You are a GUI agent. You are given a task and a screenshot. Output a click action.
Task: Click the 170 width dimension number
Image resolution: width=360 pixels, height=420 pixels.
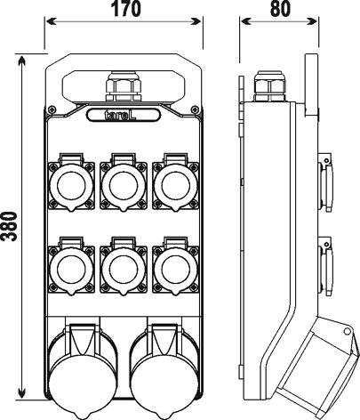tap(125, 9)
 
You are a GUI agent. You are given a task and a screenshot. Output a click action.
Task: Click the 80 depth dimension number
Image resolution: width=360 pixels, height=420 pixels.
tap(280, 9)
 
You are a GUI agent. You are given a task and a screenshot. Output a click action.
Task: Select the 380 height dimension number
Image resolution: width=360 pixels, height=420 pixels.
tap(9, 227)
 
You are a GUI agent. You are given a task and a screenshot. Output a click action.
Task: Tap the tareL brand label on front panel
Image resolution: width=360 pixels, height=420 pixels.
tap(124, 115)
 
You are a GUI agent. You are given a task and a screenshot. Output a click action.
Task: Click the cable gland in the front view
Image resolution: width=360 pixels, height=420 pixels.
tap(124, 86)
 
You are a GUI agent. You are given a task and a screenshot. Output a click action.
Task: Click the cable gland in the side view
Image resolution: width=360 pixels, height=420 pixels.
tap(269, 86)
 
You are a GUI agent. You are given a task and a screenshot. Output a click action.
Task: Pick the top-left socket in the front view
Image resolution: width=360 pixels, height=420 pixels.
tap(71, 182)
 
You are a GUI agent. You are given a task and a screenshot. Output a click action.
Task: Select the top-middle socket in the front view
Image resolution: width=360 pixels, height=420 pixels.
tap(124, 182)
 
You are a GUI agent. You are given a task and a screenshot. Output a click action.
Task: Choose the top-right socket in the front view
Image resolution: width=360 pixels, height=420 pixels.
tap(175, 182)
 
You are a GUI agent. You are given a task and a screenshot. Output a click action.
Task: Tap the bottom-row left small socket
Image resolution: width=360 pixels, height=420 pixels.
tap(71, 266)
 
